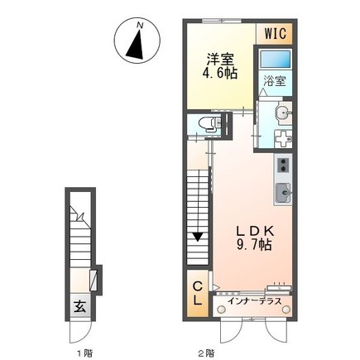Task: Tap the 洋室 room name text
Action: (219, 60)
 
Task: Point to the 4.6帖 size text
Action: (219, 74)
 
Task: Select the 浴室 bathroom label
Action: (275, 82)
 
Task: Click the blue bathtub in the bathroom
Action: (274, 60)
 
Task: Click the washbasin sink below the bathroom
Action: (280, 113)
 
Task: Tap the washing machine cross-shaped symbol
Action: (280, 139)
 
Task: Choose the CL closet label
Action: (198, 293)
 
